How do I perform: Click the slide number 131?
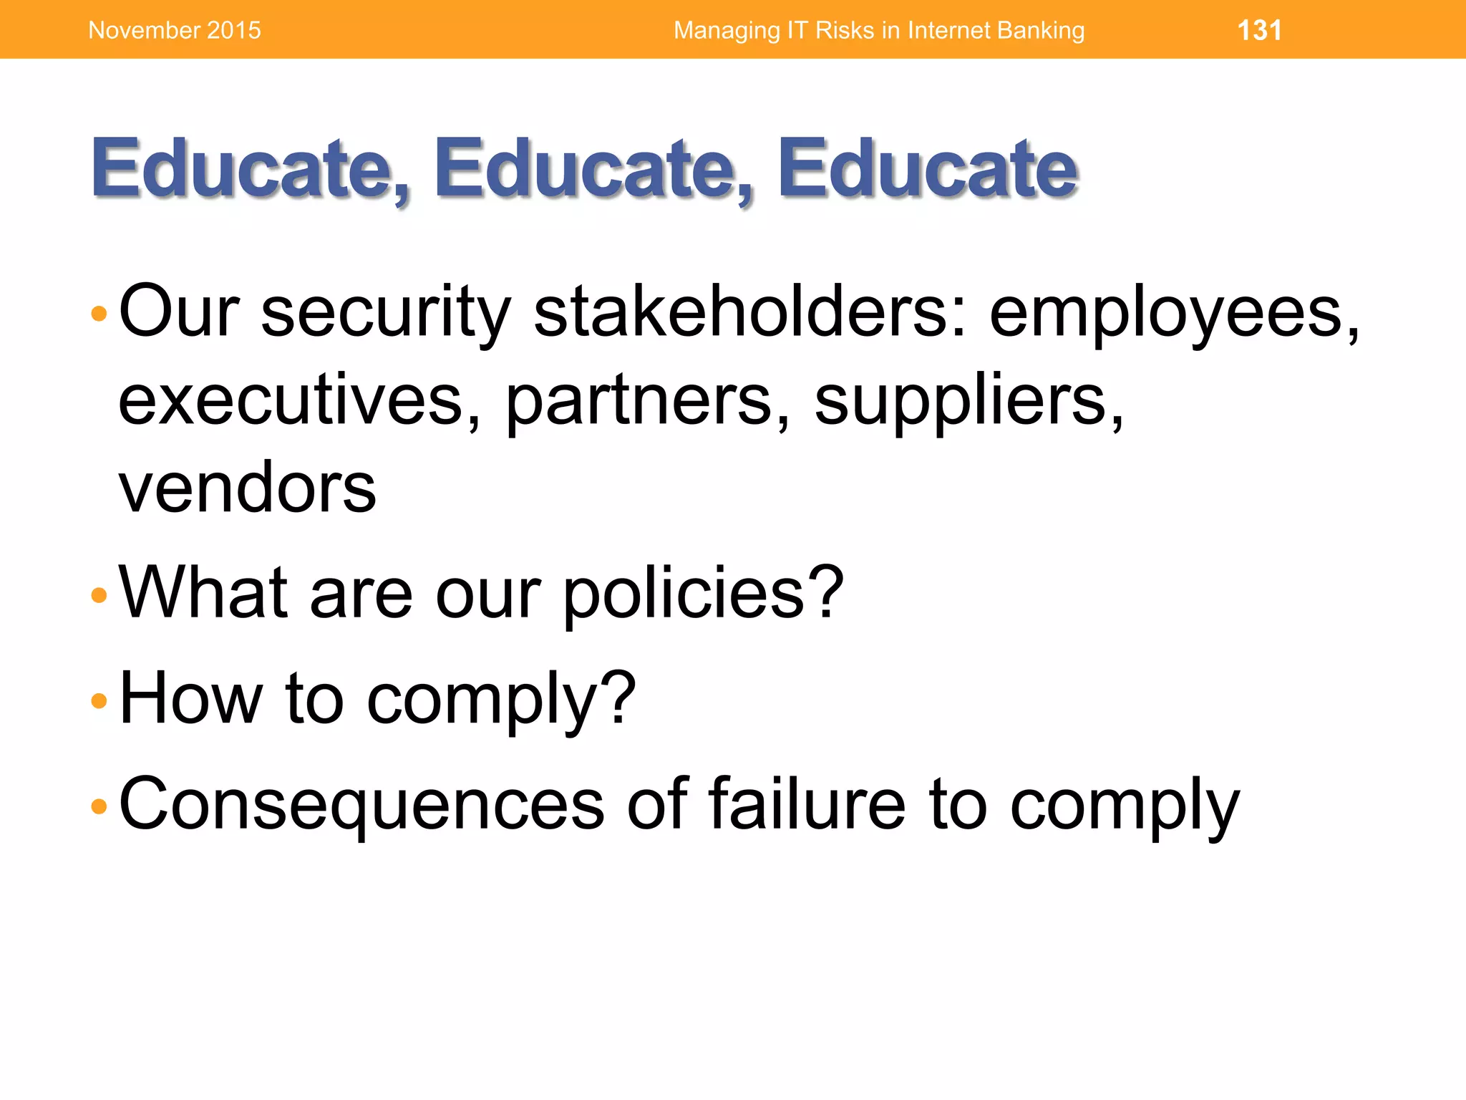[x=1259, y=31]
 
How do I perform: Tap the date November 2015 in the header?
[x=175, y=31]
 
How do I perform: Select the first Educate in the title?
[x=250, y=169]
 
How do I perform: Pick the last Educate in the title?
[x=927, y=169]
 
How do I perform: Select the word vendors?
[x=247, y=488]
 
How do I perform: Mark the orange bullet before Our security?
[x=99, y=314]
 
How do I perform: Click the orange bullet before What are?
[x=99, y=595]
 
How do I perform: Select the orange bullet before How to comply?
[x=99, y=700]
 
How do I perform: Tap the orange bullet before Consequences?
[x=99, y=806]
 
